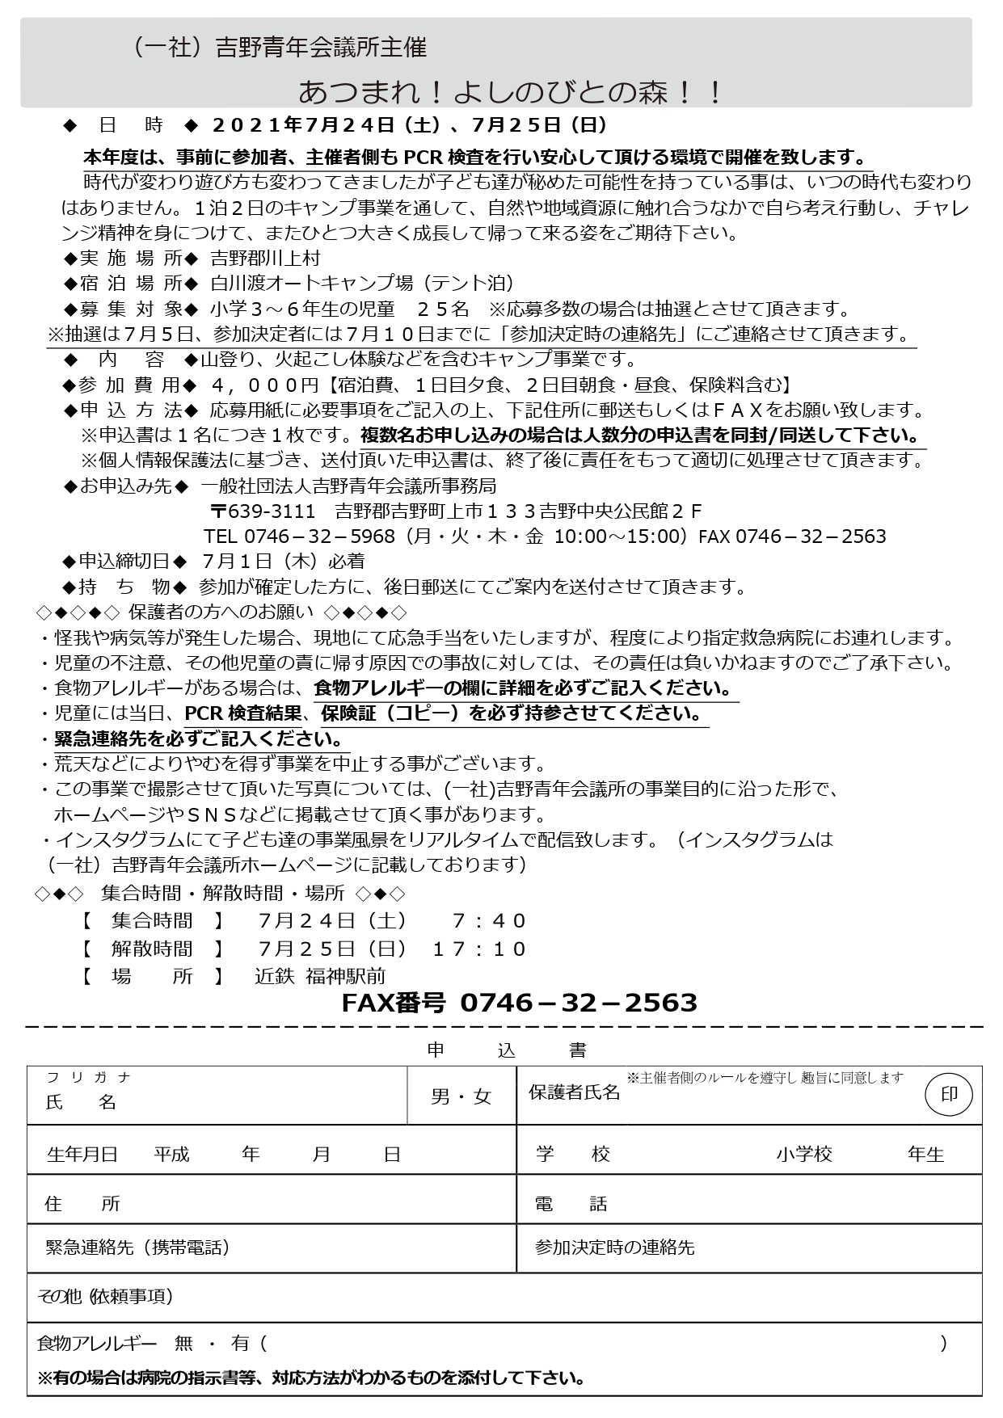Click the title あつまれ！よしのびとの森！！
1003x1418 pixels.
coord(511,91)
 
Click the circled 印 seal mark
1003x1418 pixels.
coord(948,1095)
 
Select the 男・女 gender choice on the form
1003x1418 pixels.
coord(461,1096)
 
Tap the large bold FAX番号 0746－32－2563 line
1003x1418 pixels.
coord(519,1003)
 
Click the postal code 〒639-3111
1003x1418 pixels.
coord(263,511)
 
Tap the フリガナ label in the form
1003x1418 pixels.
coord(89,1077)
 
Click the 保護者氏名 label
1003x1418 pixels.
coord(574,1092)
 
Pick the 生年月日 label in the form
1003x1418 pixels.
coord(82,1155)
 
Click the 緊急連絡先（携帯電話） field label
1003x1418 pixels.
coord(138,1247)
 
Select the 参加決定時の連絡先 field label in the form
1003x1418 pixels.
coord(614,1247)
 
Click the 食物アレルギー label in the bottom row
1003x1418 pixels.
coord(97,1344)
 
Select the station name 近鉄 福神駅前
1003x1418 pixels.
coord(320,976)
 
